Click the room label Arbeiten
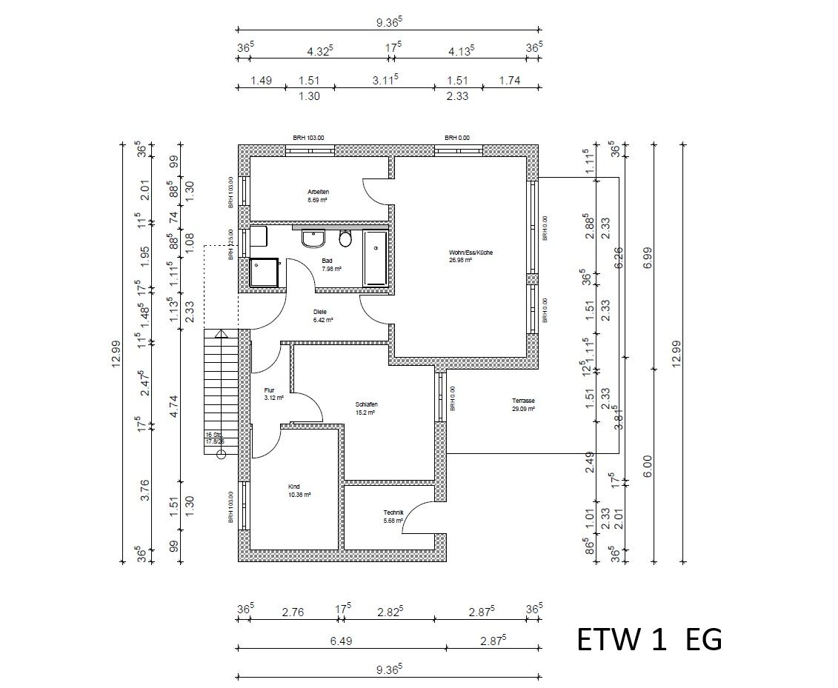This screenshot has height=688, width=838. [319, 192]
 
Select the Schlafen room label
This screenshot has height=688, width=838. [366, 404]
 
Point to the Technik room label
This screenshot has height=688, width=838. [393, 512]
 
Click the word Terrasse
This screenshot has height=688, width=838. [523, 401]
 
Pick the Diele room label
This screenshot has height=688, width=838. [320, 312]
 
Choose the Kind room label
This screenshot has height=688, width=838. [293, 487]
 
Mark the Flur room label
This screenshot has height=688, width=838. [269, 390]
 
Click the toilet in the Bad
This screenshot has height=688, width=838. [345, 238]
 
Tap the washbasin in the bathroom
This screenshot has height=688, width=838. [313, 238]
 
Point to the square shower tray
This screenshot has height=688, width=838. [265, 273]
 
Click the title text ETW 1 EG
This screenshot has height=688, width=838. [649, 639]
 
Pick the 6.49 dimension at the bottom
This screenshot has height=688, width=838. [340, 641]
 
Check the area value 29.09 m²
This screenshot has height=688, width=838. [523, 408]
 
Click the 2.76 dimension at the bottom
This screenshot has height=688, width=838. [292, 612]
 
